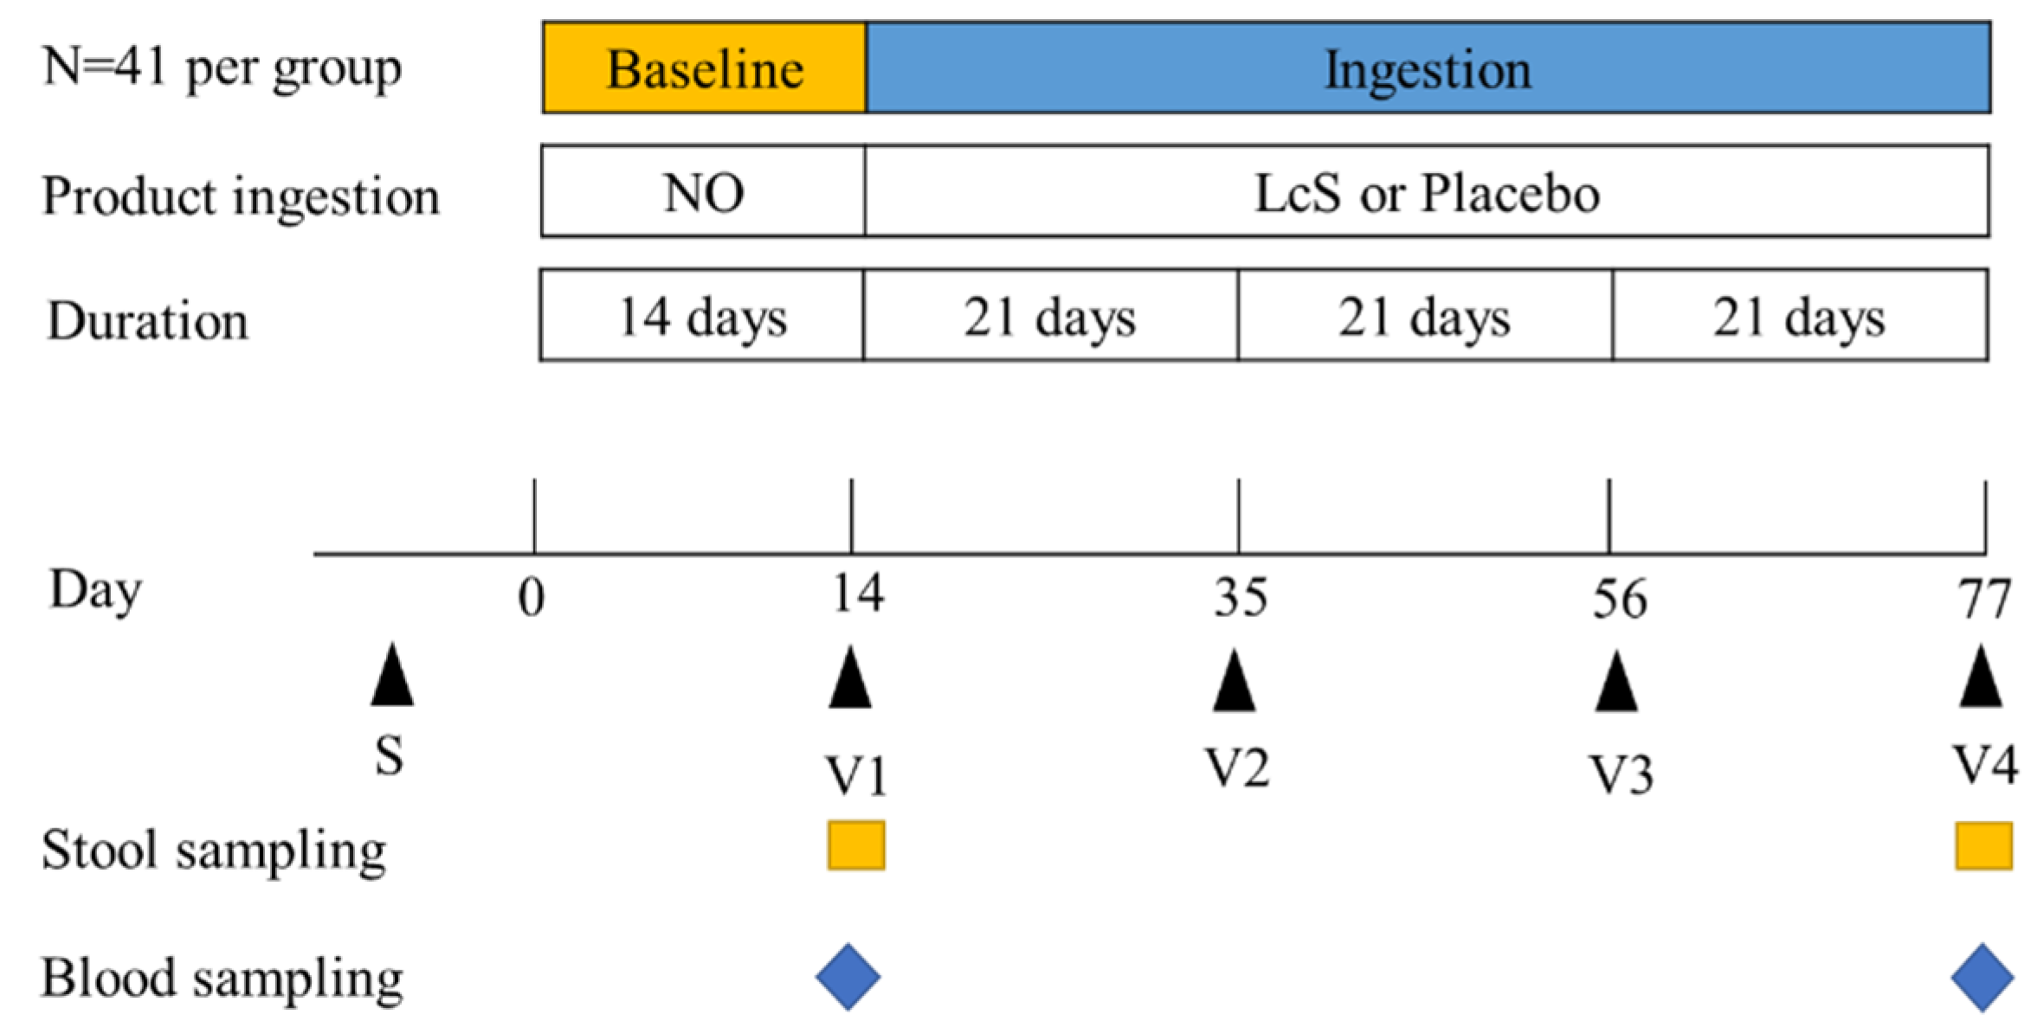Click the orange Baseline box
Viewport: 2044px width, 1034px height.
coord(704,68)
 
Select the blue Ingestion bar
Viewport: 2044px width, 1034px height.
coord(1428,68)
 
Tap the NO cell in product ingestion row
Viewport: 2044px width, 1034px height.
coord(703,192)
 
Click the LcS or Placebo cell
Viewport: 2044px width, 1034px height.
coord(1426,192)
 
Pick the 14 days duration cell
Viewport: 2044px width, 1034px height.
coord(702,316)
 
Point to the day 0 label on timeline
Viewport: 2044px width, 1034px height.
coord(532,597)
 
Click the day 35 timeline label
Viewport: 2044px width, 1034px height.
coord(1240,597)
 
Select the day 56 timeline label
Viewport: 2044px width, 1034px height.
coord(1619,599)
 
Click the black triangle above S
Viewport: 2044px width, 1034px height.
coord(392,676)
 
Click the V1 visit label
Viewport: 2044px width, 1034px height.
coord(856,774)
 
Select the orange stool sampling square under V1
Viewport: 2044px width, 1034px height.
coord(856,845)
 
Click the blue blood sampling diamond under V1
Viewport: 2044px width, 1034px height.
coord(848,977)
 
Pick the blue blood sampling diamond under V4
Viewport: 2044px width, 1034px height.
coord(1983,978)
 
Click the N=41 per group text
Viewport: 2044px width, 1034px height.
coord(222,67)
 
